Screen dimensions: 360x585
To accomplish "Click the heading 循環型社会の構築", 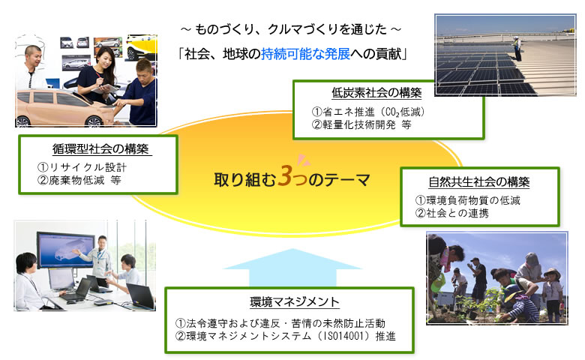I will [100, 149].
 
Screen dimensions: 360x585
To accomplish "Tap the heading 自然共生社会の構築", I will [479, 181].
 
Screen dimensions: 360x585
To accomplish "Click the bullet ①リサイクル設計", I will [82, 166].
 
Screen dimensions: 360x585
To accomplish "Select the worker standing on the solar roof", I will [516, 50].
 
